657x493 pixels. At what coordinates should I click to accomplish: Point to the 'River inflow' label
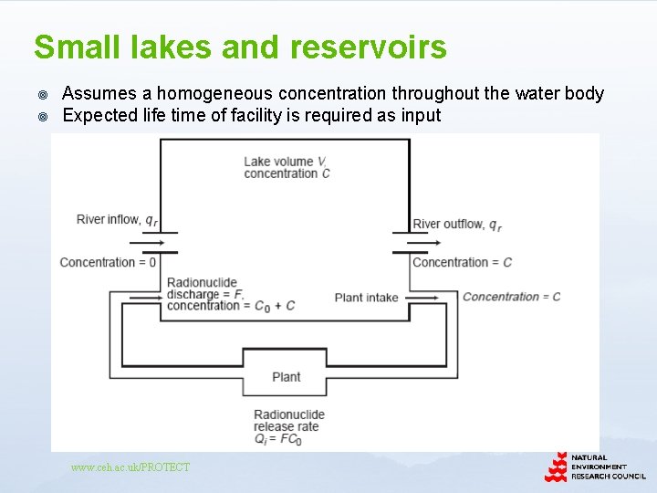109,219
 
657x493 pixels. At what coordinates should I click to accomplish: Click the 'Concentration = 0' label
108,262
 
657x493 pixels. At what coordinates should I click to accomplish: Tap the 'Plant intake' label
366,297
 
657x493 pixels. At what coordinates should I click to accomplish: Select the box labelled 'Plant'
287,376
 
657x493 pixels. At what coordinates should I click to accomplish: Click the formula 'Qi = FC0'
277,440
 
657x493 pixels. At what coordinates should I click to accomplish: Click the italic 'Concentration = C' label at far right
511,296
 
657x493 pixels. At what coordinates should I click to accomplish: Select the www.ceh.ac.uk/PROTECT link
130,467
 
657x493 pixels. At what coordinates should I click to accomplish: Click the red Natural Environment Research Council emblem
556,467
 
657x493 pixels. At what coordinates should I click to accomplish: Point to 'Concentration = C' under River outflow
462,262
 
